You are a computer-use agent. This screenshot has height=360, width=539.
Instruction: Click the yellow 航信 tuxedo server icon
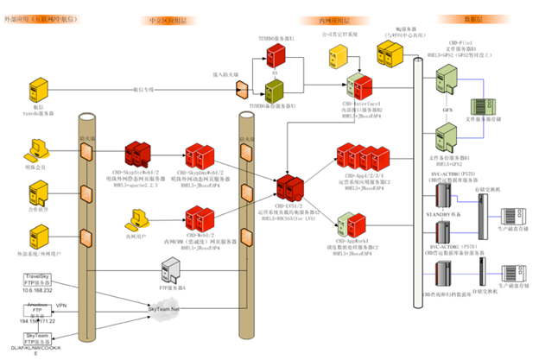pyautogui.click(x=37, y=89)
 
